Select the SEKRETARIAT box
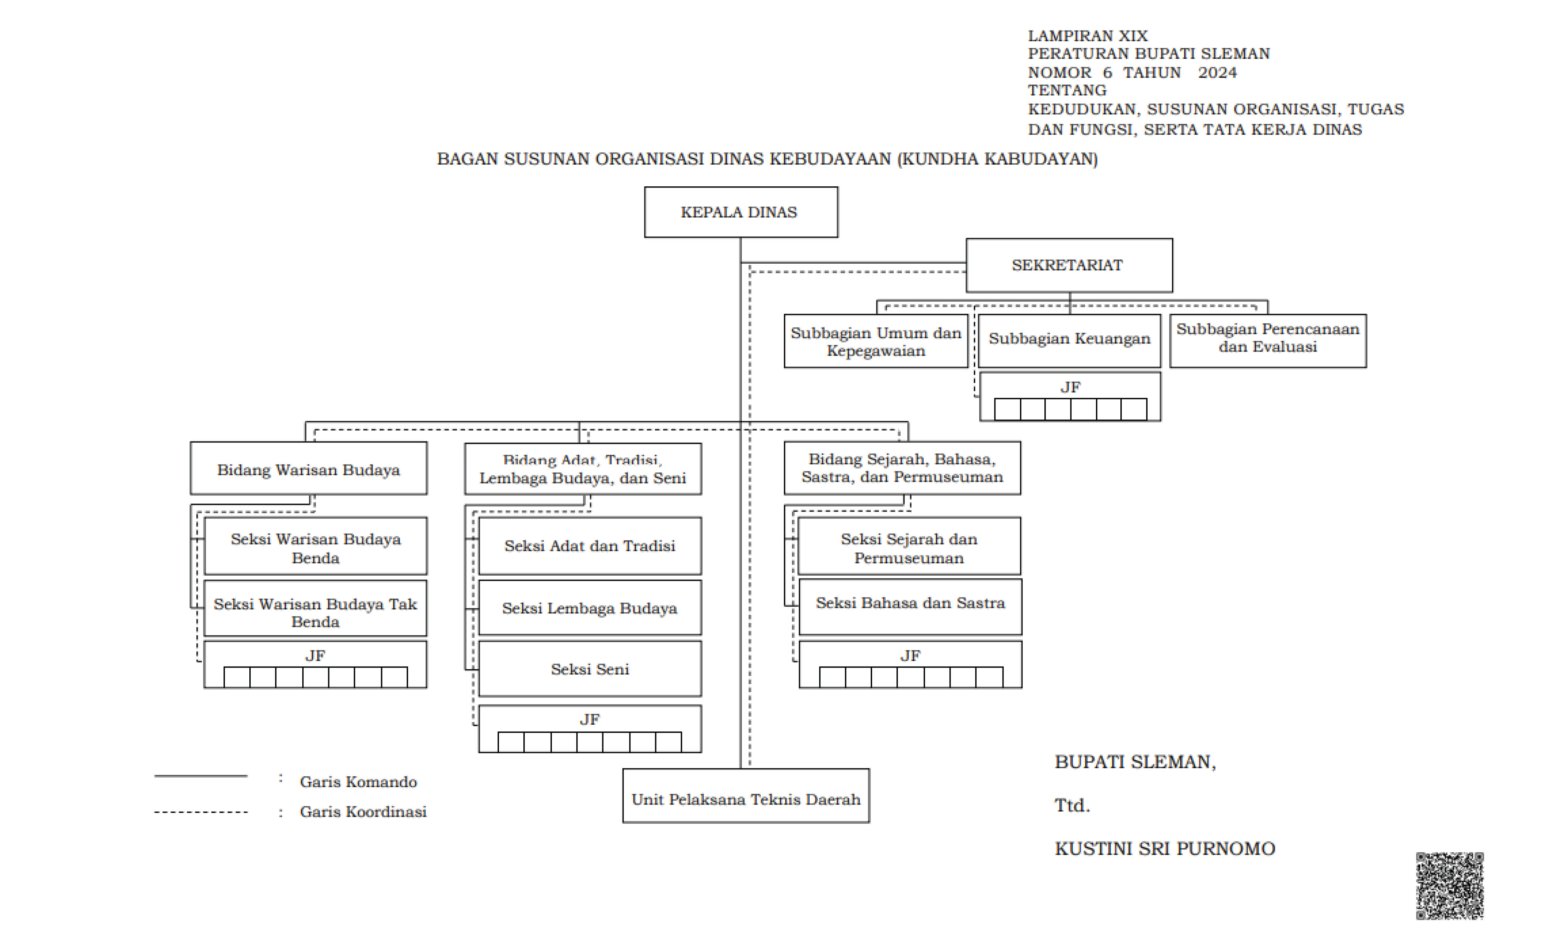(x=1069, y=265)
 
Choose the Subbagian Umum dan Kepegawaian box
(x=876, y=341)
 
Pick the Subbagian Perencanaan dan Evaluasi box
(x=1268, y=341)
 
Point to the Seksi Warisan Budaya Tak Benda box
(x=316, y=608)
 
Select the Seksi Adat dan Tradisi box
(x=590, y=546)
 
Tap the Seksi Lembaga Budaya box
(x=590, y=607)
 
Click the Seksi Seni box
(x=590, y=669)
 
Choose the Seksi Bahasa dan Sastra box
(x=911, y=606)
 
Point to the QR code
(x=1450, y=886)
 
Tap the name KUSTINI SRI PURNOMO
(x=1165, y=848)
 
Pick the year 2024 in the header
(x=1217, y=73)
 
